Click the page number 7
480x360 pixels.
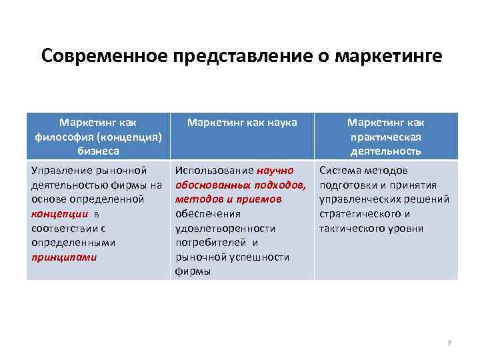tap(449, 343)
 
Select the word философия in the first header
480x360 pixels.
tap(65, 137)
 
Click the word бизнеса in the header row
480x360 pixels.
tap(98, 151)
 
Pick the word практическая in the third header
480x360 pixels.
tap(385, 137)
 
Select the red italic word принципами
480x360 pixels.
tap(64, 257)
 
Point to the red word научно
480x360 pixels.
tap(275, 171)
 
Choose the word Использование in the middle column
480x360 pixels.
tap(214, 171)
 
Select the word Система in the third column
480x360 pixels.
tap(341, 171)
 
